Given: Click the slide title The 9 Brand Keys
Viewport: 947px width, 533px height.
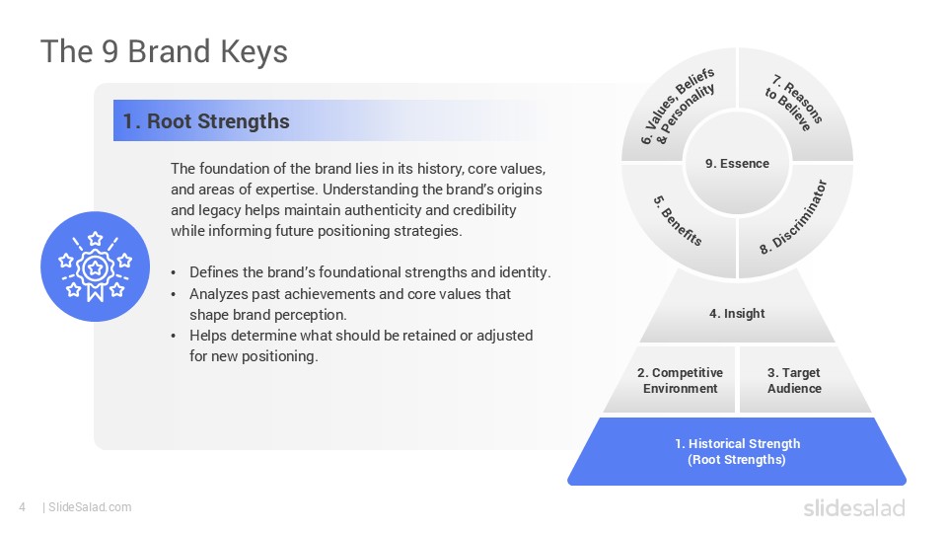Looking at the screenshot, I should [x=164, y=50].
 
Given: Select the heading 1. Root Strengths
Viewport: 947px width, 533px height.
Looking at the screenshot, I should [x=206, y=121].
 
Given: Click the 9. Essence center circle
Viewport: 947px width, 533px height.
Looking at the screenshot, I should [x=737, y=164].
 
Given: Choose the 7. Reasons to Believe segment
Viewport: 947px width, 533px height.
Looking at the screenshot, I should [x=794, y=107].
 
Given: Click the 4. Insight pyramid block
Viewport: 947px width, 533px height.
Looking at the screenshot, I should [x=737, y=314].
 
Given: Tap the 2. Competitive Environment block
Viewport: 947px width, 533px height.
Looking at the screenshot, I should [x=680, y=380].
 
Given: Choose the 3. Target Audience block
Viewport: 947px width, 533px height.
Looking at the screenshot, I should [x=794, y=380].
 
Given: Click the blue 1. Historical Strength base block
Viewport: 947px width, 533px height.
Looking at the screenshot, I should [x=737, y=451].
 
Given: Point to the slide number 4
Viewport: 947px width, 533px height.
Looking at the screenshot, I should [x=22, y=507].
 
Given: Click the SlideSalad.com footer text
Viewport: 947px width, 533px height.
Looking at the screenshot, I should [x=89, y=507].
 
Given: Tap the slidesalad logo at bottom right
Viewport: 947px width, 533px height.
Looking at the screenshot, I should [x=852, y=507].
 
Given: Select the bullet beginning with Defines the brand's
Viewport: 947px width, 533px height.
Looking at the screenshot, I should [x=370, y=272].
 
